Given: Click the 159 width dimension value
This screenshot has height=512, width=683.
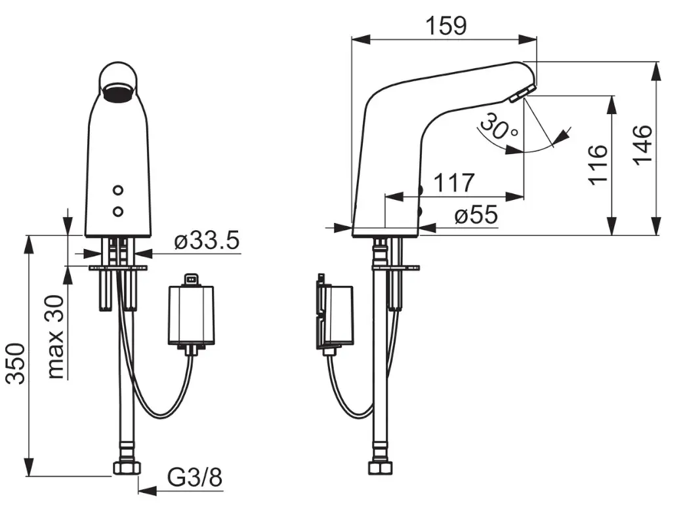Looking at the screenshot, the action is (x=445, y=26).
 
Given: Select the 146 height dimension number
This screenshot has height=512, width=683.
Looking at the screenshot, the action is (x=642, y=145).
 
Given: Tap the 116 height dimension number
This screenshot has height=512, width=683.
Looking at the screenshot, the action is (x=598, y=165).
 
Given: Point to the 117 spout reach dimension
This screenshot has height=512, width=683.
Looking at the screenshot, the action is (x=454, y=182).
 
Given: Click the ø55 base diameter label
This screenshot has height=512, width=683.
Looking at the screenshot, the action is (x=476, y=214).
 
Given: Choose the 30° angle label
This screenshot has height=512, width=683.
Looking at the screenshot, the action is (x=499, y=127).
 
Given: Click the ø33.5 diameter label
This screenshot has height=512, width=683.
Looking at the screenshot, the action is (x=207, y=240).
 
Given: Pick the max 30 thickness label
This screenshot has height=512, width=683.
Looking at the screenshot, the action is (x=56, y=337).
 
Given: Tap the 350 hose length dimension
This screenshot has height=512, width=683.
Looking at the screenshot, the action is (x=16, y=364).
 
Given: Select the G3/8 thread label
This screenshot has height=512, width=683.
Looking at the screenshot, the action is (x=195, y=478).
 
